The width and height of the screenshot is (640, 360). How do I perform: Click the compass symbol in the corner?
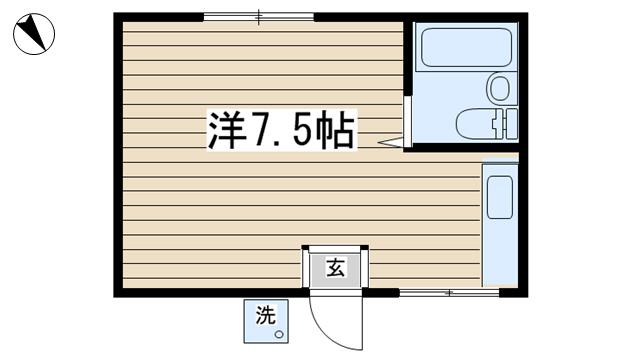[x=34, y=34]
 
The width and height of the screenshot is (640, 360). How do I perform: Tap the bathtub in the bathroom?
[x=467, y=47]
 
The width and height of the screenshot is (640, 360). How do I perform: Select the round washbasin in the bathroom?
[x=500, y=87]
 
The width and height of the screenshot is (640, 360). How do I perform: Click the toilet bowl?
[x=475, y=124]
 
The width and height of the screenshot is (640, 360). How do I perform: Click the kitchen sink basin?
[x=500, y=197]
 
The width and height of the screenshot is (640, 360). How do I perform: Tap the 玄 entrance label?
[x=336, y=268]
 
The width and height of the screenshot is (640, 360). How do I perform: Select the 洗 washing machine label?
[x=266, y=315]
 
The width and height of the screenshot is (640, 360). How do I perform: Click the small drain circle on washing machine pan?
[x=279, y=335]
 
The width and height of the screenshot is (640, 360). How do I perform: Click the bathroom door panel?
[x=407, y=122]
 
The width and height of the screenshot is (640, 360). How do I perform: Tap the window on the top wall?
[x=259, y=17]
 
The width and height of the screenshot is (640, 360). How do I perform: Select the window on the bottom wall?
[x=449, y=293]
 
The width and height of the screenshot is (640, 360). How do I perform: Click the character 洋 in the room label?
[x=226, y=130]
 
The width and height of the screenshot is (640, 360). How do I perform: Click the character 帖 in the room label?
[x=335, y=130]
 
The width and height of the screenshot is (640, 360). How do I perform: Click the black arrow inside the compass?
[x=33, y=30]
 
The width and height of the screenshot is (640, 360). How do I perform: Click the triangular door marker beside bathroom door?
[x=391, y=142]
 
